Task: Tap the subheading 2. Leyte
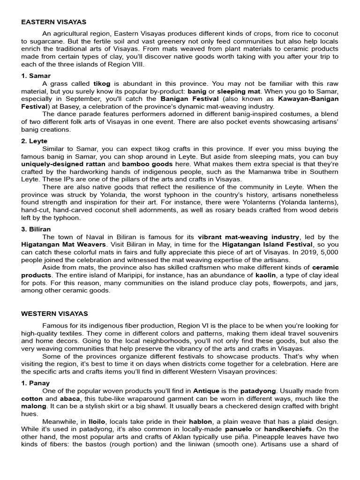tap(34, 141)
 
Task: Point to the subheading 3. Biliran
tap(36, 229)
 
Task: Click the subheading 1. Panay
tap(36, 383)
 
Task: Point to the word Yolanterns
tap(261, 202)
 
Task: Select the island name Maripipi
tap(145, 275)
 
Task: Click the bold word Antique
tap(206, 390)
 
